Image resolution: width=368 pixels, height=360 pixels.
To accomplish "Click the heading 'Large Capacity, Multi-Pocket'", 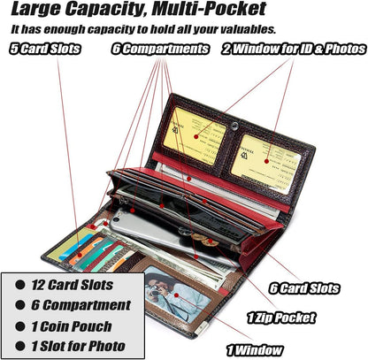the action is click(x=139, y=9).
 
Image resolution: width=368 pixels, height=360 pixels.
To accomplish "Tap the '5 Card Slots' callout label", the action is click(x=45, y=49).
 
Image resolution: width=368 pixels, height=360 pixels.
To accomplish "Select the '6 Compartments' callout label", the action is click(x=160, y=49).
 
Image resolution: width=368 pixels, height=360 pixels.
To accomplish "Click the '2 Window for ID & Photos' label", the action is click(x=295, y=49).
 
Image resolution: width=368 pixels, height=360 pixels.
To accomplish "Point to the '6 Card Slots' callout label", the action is click(x=304, y=288).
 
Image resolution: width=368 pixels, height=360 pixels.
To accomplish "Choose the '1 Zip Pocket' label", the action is click(x=281, y=318).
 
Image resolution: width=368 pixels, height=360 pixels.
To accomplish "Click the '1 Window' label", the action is click(x=255, y=350).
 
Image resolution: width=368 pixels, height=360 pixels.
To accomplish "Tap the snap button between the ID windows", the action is click(x=234, y=126).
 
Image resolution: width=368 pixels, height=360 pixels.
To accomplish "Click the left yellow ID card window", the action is click(x=195, y=135).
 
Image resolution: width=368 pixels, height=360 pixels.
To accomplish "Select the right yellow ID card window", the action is click(x=266, y=161).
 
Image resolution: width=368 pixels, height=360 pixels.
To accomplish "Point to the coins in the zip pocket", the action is click(x=203, y=240).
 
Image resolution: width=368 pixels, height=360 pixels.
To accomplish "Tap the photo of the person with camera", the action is click(x=178, y=294).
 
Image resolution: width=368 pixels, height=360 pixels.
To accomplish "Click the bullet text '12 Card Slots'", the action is click(x=73, y=285).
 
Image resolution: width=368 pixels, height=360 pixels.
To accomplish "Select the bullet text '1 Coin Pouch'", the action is click(x=72, y=326).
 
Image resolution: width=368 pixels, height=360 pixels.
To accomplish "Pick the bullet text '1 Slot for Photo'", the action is click(x=78, y=346).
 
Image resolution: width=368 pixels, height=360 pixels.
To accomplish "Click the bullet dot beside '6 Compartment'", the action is click(x=20, y=305).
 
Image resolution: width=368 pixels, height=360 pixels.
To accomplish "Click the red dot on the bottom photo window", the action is click(x=176, y=295).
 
